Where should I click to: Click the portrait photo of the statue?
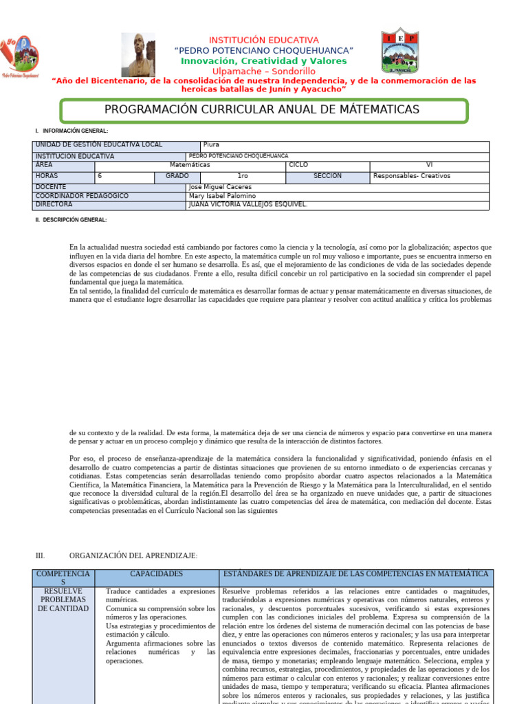tap(138, 55)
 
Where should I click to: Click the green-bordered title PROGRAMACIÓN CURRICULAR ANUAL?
tap(264, 110)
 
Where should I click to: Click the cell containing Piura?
tap(344, 145)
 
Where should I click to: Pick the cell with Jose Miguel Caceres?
tap(338, 187)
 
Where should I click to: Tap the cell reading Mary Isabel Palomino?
tap(338, 196)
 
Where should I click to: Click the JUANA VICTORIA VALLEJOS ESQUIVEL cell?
tap(338, 205)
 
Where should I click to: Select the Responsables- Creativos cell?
tap(429, 176)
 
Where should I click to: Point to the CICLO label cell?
tap(327, 166)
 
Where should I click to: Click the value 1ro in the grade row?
tap(243, 176)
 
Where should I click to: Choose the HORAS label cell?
tap(63, 176)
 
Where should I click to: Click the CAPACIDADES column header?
tap(157, 574)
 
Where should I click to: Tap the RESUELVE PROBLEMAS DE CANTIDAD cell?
tap(64, 599)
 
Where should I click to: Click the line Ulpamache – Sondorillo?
tap(264, 71)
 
